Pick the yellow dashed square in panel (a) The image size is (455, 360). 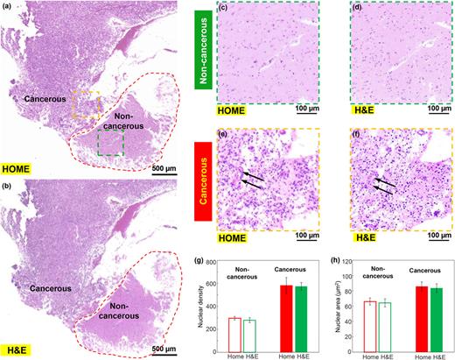tap(86, 103)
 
